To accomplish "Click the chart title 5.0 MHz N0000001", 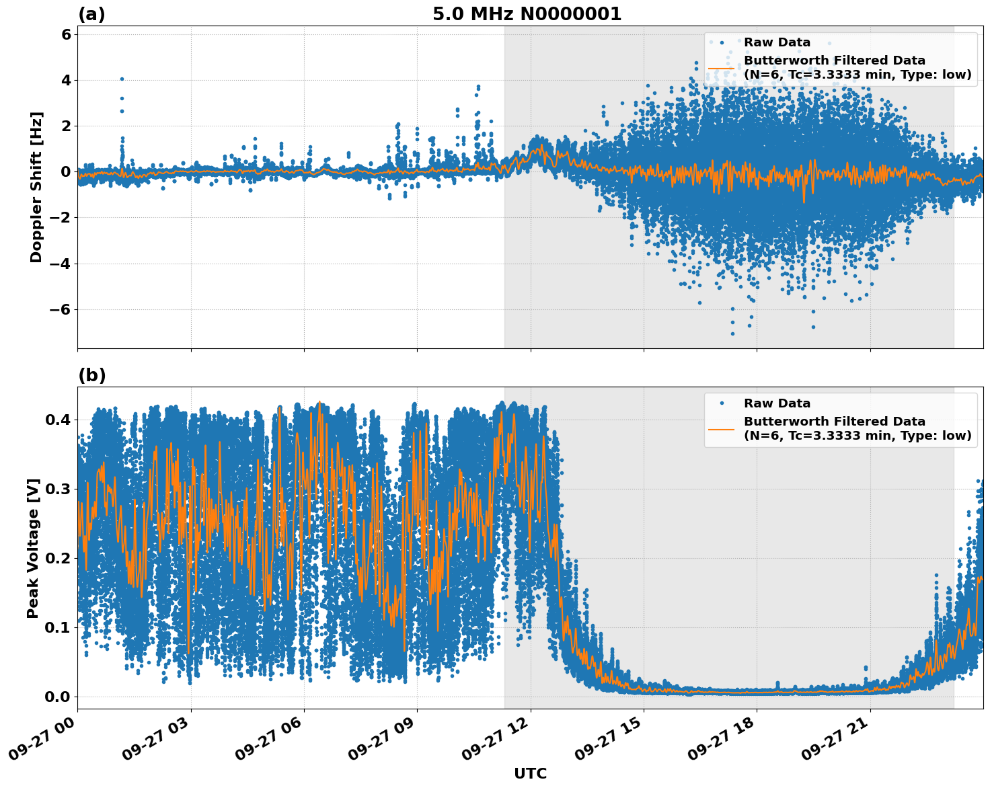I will click(527, 14).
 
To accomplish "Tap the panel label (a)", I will click(91, 14).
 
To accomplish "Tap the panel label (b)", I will click(91, 375).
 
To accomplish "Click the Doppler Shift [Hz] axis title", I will click(36, 187).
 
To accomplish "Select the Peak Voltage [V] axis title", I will click(33, 548).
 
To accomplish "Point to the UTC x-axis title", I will click(530, 774).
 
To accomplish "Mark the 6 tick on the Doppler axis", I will click(66, 34).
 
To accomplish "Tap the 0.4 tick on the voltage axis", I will click(57, 420).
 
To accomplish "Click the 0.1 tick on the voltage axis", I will click(57, 627).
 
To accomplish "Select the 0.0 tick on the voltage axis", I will click(57, 697).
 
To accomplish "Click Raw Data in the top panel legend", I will click(777, 42).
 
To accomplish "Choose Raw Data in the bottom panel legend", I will click(777, 403).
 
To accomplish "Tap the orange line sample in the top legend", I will click(721, 67).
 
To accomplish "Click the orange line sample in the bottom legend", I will click(721, 428).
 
